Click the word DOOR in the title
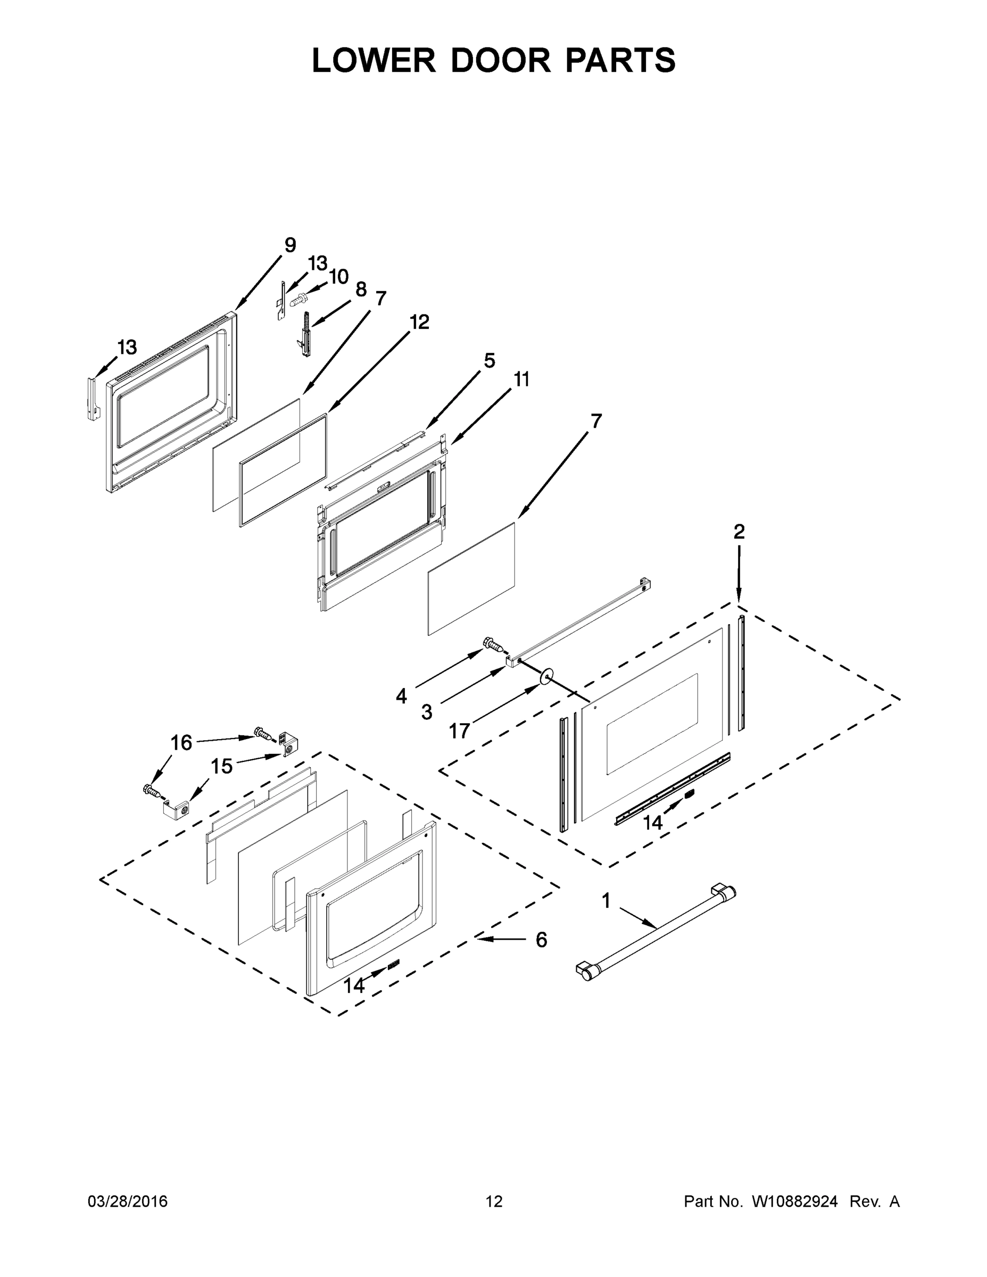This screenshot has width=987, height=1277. click(501, 60)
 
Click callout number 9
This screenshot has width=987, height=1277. click(290, 245)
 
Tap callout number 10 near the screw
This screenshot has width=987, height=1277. click(338, 277)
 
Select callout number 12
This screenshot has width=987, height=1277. click(419, 321)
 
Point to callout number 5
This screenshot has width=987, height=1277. click(489, 361)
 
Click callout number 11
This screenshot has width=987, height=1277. click(521, 379)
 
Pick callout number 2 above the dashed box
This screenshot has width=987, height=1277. click(739, 532)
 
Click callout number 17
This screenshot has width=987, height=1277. click(460, 731)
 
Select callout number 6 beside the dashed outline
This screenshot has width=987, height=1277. click(542, 940)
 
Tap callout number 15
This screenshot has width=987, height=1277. click(221, 766)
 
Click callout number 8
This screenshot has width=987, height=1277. click(361, 289)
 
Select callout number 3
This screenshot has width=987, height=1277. click(427, 711)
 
